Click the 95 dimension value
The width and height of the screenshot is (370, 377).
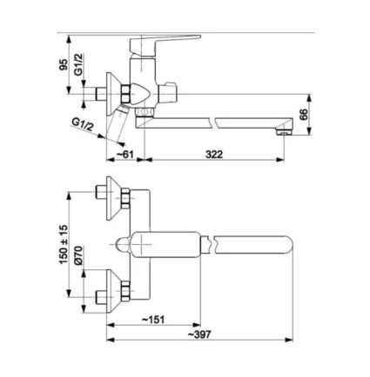[x=64, y=64]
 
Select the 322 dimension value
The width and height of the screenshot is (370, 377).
[x=214, y=154]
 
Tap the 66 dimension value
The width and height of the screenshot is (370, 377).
[x=303, y=115]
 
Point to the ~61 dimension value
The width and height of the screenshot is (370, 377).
[x=124, y=154]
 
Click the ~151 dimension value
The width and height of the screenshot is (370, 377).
[x=153, y=320]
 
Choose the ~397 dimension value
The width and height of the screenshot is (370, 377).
[x=198, y=334]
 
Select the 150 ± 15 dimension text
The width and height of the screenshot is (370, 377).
[x=64, y=244]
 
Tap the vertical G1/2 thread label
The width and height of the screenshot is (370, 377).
[x=78, y=64]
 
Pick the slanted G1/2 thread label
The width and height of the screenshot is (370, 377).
[x=83, y=125]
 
